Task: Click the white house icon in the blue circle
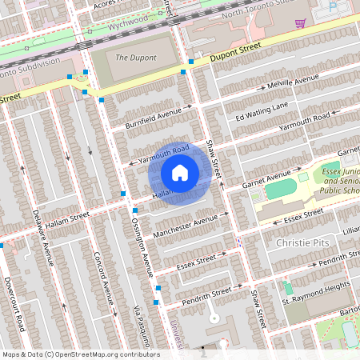(x=180, y=172)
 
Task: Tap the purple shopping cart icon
(x=300, y=22)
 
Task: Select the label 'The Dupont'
(x=134, y=58)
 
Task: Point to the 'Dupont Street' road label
(x=237, y=53)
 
